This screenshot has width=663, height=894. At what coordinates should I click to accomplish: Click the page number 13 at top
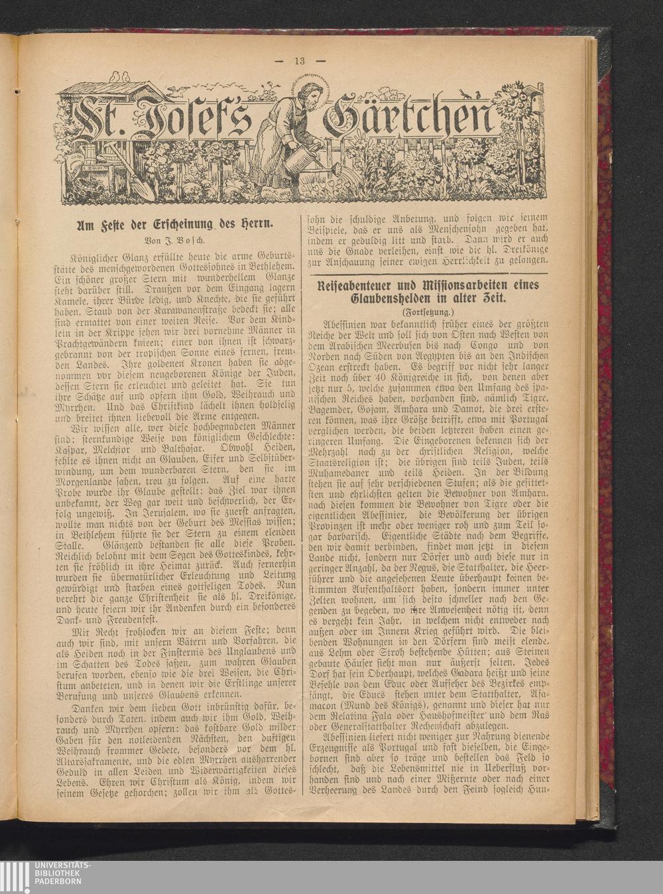pos(299,61)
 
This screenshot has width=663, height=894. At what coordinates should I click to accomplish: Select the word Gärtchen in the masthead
pos(410,118)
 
